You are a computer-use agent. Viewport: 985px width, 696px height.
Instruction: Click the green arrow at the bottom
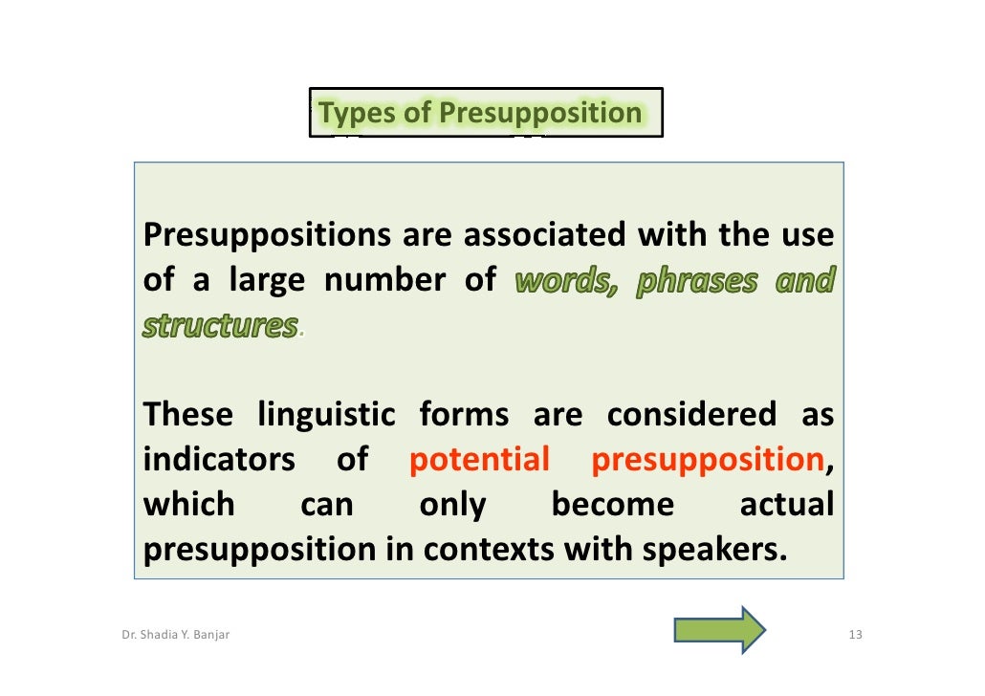719,629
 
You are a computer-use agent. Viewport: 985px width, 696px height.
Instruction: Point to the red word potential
479,460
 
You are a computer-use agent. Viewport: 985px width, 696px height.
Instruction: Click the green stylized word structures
221,326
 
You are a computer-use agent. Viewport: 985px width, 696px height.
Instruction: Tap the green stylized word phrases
696,281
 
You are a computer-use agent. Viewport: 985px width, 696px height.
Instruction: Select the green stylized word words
567,281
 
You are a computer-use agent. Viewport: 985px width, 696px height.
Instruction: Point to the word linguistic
327,415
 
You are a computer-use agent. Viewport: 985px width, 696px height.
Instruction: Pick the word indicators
219,460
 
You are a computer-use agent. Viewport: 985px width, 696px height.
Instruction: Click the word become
612,505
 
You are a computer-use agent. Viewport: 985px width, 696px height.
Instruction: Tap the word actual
786,505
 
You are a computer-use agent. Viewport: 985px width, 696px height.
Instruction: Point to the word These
187,415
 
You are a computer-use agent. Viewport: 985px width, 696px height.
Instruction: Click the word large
267,281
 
